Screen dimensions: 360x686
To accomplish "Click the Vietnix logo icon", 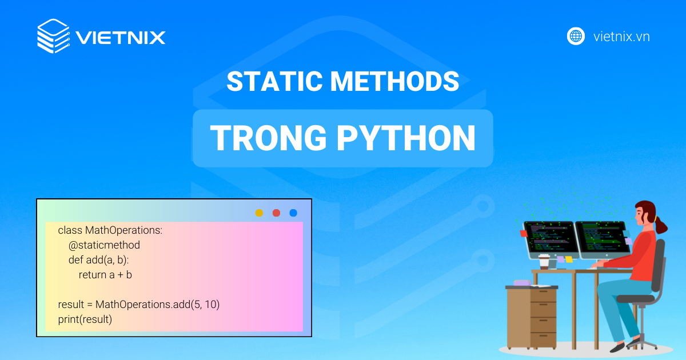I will [53, 37].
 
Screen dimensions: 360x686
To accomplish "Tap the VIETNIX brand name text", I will [120, 38].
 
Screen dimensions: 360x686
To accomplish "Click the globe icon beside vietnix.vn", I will [576, 36].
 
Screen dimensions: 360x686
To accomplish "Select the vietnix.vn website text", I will [621, 37].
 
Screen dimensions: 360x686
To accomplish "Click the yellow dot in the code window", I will [259, 213].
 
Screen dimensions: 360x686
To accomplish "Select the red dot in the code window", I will [276, 213].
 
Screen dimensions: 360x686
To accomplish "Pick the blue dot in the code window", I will [293, 213].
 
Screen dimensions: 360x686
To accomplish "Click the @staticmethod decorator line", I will [104, 245].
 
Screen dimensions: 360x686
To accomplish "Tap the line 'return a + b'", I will [105, 275].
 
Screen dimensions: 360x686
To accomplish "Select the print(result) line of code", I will [85, 319].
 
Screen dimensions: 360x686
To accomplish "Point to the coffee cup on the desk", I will [544, 261].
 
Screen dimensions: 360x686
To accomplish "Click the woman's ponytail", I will [661, 226].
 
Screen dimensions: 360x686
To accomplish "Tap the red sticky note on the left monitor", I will [524, 233].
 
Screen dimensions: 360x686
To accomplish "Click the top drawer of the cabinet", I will [543, 296].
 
